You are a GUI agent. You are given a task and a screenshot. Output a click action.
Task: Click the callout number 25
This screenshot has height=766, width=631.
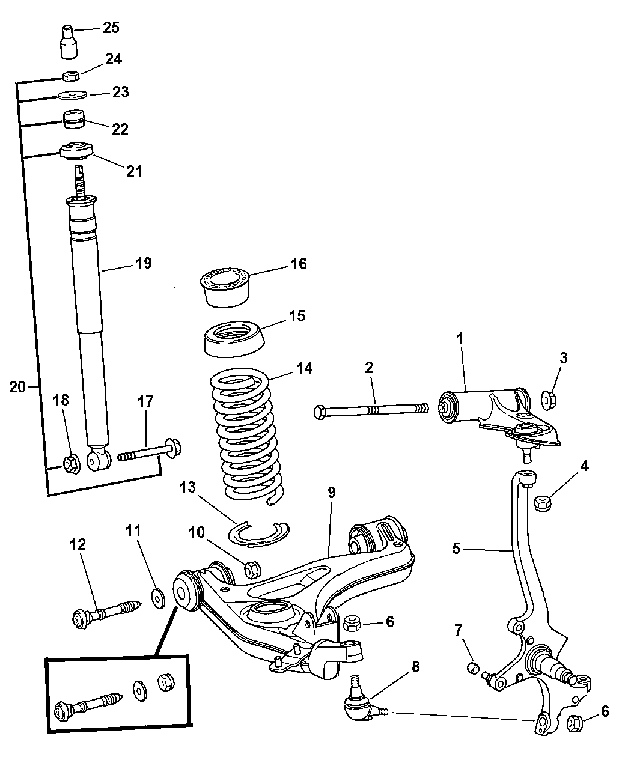coord(111,28)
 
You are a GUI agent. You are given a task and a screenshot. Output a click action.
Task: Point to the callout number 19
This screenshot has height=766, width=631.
coord(144,263)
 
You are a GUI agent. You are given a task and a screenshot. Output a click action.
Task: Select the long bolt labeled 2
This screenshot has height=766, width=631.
coord(370,412)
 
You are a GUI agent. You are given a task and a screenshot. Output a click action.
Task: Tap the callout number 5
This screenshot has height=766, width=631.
coord(456,549)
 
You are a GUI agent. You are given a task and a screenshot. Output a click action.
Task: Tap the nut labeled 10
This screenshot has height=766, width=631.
coord(253,568)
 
